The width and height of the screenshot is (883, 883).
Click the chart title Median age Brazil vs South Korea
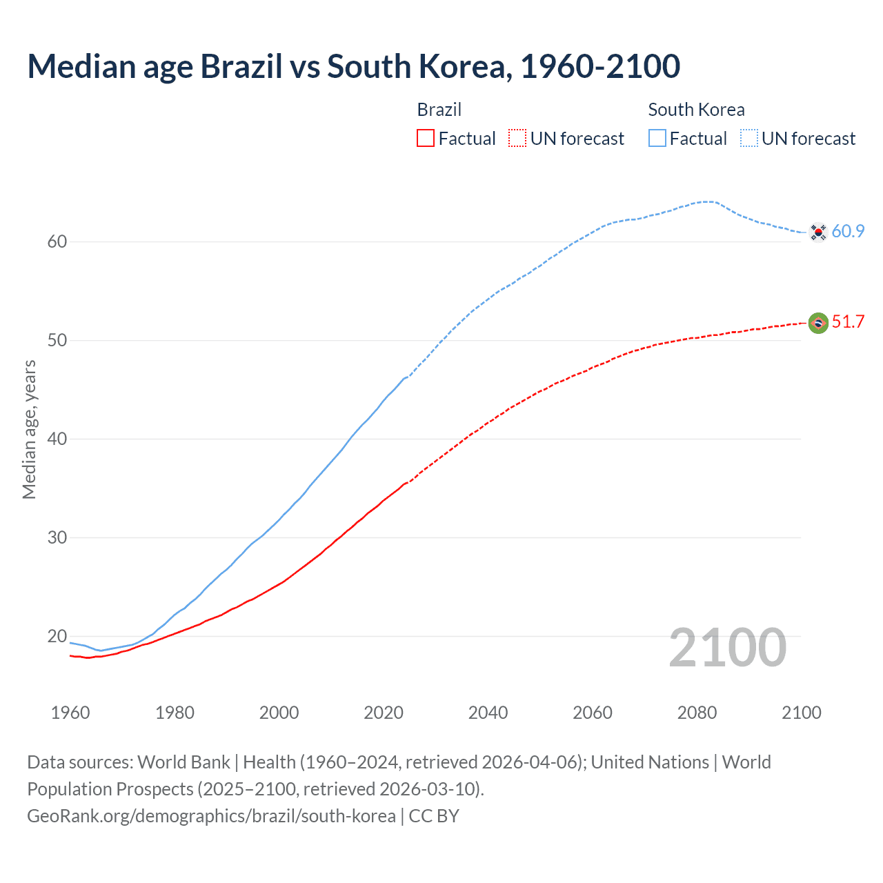coord(353,66)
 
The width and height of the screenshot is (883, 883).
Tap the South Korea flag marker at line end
coord(818,232)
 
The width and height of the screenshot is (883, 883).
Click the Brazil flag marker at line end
coord(818,323)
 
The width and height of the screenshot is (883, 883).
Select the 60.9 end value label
coord(848,232)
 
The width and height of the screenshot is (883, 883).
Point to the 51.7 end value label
coord(848,322)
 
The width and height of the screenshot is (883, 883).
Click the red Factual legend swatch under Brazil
coord(426,139)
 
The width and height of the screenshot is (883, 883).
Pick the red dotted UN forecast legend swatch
coord(517,139)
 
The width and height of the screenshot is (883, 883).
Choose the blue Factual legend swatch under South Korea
coord(657,139)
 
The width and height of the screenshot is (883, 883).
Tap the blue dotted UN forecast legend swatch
coord(749,139)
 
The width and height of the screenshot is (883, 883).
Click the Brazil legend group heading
coord(439,110)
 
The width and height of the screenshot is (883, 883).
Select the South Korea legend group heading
coord(696,110)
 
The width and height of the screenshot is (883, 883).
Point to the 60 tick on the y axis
coord(57,241)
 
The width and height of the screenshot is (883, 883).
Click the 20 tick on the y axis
coord(57,636)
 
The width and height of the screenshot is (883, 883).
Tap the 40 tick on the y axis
coord(57,439)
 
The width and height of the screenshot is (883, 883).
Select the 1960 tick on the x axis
coord(70,713)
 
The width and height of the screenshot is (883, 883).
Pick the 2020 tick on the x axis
coord(384,713)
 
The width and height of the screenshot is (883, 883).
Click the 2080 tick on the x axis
coord(697,713)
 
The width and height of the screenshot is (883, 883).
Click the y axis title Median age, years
coord(29,429)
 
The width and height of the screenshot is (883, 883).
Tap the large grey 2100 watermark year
coord(727,648)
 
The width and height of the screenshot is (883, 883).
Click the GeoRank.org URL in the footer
coord(211,816)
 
